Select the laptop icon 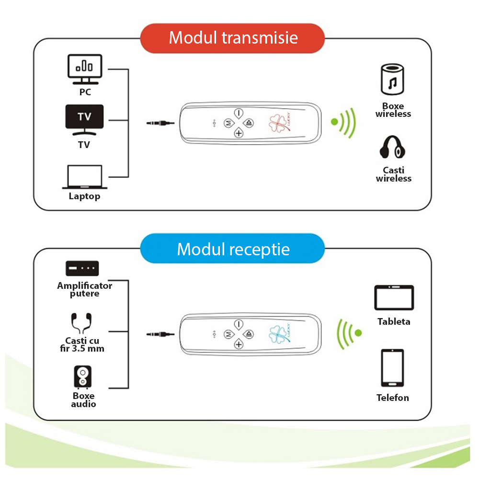click(85, 177)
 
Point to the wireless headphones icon click(393, 148)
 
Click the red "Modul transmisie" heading click(233, 38)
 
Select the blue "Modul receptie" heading click(233, 249)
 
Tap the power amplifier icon click(82, 268)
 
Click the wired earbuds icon click(81, 323)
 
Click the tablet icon click(394, 298)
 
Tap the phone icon click(392, 368)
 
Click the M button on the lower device click(228, 333)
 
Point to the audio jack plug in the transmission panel click(161, 123)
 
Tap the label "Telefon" click(393, 398)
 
